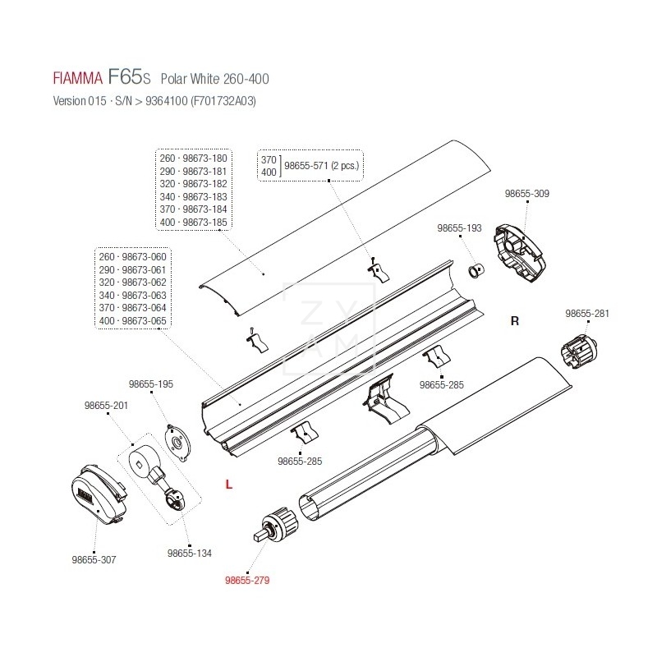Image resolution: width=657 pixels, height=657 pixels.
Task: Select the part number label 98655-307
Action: [x=94, y=559]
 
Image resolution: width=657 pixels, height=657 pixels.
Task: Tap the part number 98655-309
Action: [x=526, y=194]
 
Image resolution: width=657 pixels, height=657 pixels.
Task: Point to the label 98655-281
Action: [x=586, y=313]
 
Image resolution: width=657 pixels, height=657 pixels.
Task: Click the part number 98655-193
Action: [x=459, y=227]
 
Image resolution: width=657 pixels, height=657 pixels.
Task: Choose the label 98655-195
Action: [x=151, y=384]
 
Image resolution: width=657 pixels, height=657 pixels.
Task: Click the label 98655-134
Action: [x=189, y=554]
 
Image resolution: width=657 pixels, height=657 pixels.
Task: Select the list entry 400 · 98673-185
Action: [x=195, y=222]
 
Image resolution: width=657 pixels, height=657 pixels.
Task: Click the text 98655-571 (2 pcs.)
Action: [x=322, y=164]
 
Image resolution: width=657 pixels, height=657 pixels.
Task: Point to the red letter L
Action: [x=229, y=485]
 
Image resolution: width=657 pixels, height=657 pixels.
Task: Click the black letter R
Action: [x=515, y=321]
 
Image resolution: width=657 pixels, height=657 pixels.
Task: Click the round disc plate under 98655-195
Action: [x=175, y=436]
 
